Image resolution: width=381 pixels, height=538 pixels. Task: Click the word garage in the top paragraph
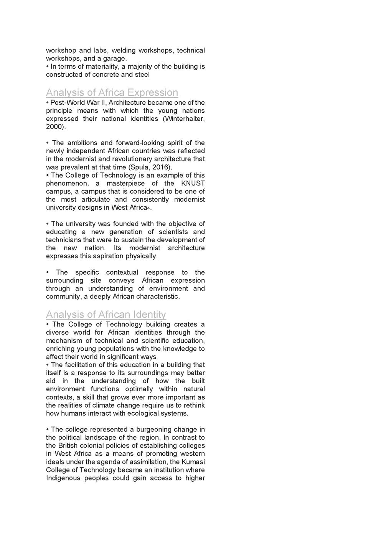coord(114,59)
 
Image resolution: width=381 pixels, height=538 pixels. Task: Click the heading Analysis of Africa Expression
coord(112,92)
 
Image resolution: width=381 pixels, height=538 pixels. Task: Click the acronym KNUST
coord(193,183)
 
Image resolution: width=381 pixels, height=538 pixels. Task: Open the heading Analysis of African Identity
coord(106,314)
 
